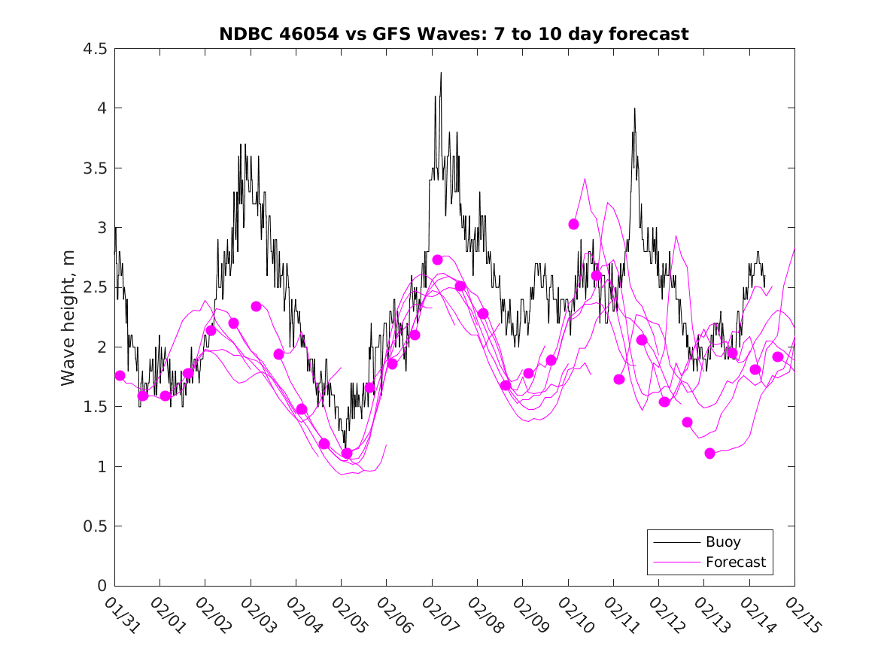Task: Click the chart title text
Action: (454, 34)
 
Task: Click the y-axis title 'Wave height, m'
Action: (68, 317)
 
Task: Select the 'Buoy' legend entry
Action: (723, 542)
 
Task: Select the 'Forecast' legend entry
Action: (735, 562)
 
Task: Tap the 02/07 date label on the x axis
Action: (436, 612)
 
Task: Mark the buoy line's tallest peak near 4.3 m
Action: (441, 73)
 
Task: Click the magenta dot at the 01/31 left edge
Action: (120, 375)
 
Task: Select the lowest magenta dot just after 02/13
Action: (709, 453)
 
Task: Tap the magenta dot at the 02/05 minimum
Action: (347, 453)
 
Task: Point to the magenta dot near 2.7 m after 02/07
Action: (437, 259)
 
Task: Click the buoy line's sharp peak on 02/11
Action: (634, 108)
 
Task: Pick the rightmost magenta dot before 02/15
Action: (778, 356)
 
